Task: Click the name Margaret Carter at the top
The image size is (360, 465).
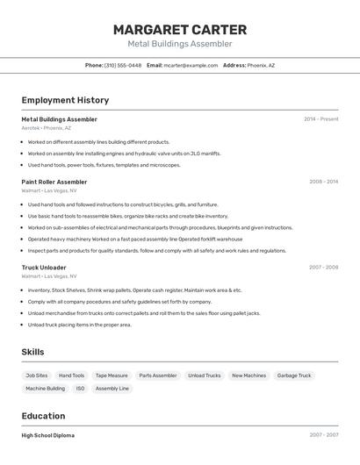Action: [180, 30]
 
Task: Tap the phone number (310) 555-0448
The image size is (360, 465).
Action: [122, 65]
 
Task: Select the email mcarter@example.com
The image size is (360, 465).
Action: [191, 65]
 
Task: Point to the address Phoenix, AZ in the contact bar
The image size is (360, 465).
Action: [261, 65]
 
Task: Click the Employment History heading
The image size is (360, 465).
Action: [65, 100]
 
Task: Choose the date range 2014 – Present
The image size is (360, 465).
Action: [320, 119]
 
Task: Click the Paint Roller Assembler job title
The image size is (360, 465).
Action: [54, 182]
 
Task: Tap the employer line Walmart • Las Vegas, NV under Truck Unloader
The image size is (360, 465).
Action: [49, 276]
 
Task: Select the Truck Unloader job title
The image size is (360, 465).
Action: [44, 267]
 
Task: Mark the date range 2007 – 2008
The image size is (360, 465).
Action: [323, 267]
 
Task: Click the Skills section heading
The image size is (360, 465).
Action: [33, 352]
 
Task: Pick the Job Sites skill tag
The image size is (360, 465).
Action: [37, 376]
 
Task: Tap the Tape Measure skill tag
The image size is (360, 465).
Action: [112, 376]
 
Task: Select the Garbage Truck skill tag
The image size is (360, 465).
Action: [293, 376]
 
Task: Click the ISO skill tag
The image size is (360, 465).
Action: [80, 388]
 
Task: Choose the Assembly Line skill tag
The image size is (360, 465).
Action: [112, 388]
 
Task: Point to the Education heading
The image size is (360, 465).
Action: [43, 416]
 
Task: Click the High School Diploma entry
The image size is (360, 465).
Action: [48, 435]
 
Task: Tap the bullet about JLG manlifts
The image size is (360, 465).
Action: [124, 154]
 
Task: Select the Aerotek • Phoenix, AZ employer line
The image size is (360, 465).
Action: [47, 128]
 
